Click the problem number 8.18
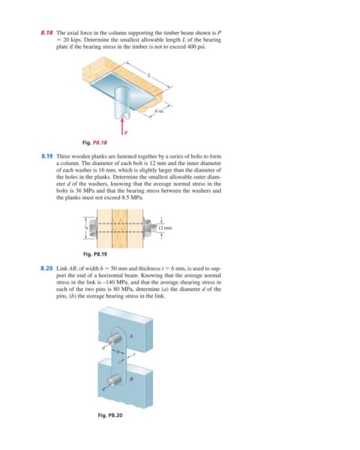coord(47,33)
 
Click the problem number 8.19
coord(47,157)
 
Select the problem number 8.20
coord(47,268)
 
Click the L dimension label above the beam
coord(148,76)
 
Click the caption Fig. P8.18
coord(94,142)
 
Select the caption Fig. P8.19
coord(95,254)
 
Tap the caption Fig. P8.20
coord(110,415)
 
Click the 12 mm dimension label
coord(165,228)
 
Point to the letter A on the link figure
coord(131,336)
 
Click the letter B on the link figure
coord(131,379)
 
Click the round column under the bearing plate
coord(122,103)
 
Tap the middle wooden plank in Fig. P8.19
coord(119,229)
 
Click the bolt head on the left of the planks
coord(91,229)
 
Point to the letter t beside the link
coord(133,355)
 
